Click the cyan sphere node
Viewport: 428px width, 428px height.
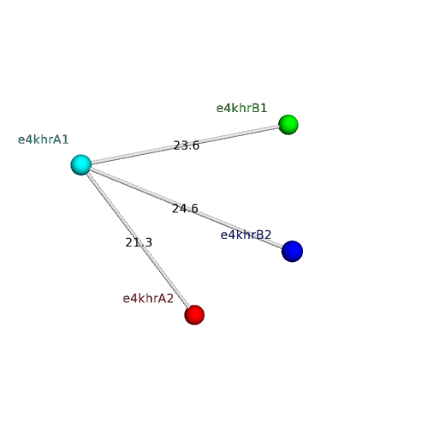coord(81,164)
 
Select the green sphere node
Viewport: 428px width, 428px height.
coord(288,125)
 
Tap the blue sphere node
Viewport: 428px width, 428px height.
coord(292,251)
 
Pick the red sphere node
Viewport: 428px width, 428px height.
coord(194,315)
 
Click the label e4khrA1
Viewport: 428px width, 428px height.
coord(44,140)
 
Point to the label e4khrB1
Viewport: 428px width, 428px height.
coord(241,109)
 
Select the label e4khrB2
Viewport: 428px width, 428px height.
coord(246,235)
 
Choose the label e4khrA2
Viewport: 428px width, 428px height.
coord(148,299)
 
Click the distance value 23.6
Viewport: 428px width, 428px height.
coord(187,146)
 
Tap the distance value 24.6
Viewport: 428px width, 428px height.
coord(185,209)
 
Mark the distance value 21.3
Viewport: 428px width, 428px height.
coord(139,242)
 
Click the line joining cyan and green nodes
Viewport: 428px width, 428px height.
coord(185,145)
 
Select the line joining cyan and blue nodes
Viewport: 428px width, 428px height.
coord(187,208)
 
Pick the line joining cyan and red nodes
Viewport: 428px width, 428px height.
coord(138,240)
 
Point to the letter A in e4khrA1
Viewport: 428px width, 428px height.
coord(57,140)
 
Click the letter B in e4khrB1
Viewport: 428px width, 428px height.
coord(256,109)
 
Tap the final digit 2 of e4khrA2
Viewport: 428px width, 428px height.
coord(170,299)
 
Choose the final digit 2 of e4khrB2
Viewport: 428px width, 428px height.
coord(268,235)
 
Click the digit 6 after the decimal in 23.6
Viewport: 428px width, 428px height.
coord(195,146)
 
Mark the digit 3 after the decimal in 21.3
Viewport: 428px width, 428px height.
coord(148,242)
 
